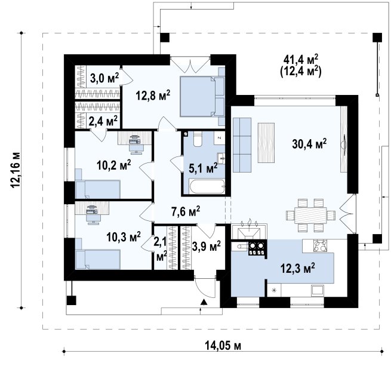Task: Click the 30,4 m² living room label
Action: [x=309, y=144]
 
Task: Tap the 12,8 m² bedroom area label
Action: [x=153, y=95]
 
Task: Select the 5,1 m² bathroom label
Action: [x=203, y=168]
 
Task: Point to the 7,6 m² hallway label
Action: [x=186, y=211]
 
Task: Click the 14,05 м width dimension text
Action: [x=223, y=346]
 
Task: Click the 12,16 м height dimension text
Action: [x=15, y=170]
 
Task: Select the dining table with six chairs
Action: [x=310, y=216]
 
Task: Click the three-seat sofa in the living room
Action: [x=242, y=145]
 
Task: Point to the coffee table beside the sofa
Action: [x=266, y=143]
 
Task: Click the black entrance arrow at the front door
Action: [x=204, y=302]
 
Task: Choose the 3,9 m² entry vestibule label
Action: [x=207, y=246]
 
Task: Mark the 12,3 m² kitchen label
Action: [x=297, y=269]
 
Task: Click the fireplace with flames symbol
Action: [x=250, y=229]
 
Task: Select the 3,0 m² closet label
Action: [x=104, y=78]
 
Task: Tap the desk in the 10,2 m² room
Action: [x=135, y=138]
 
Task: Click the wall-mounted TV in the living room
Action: [x=344, y=143]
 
